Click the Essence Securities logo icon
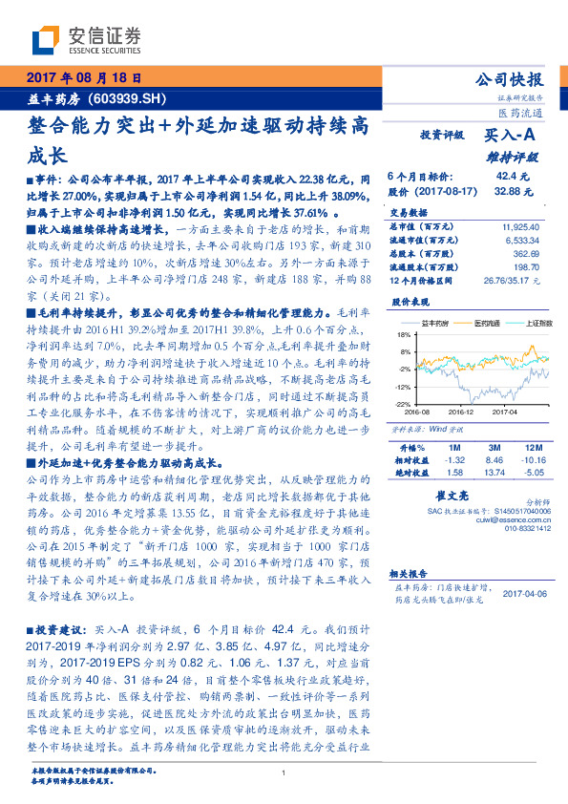[49, 40]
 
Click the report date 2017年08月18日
[82, 78]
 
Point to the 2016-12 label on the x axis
[459, 413]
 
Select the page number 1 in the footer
[284, 773]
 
